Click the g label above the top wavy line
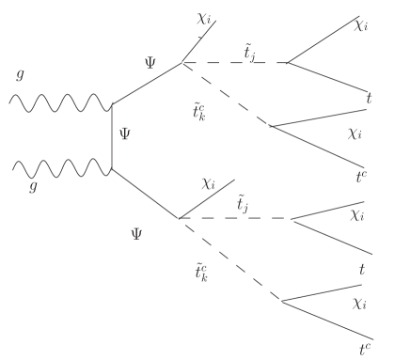(x=19, y=74)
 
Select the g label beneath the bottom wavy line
(x=34, y=188)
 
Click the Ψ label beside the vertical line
(x=125, y=134)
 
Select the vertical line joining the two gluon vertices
(x=112, y=136)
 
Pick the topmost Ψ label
(x=150, y=62)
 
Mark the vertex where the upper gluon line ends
(x=112, y=103)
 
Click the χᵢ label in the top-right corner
(x=361, y=25)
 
